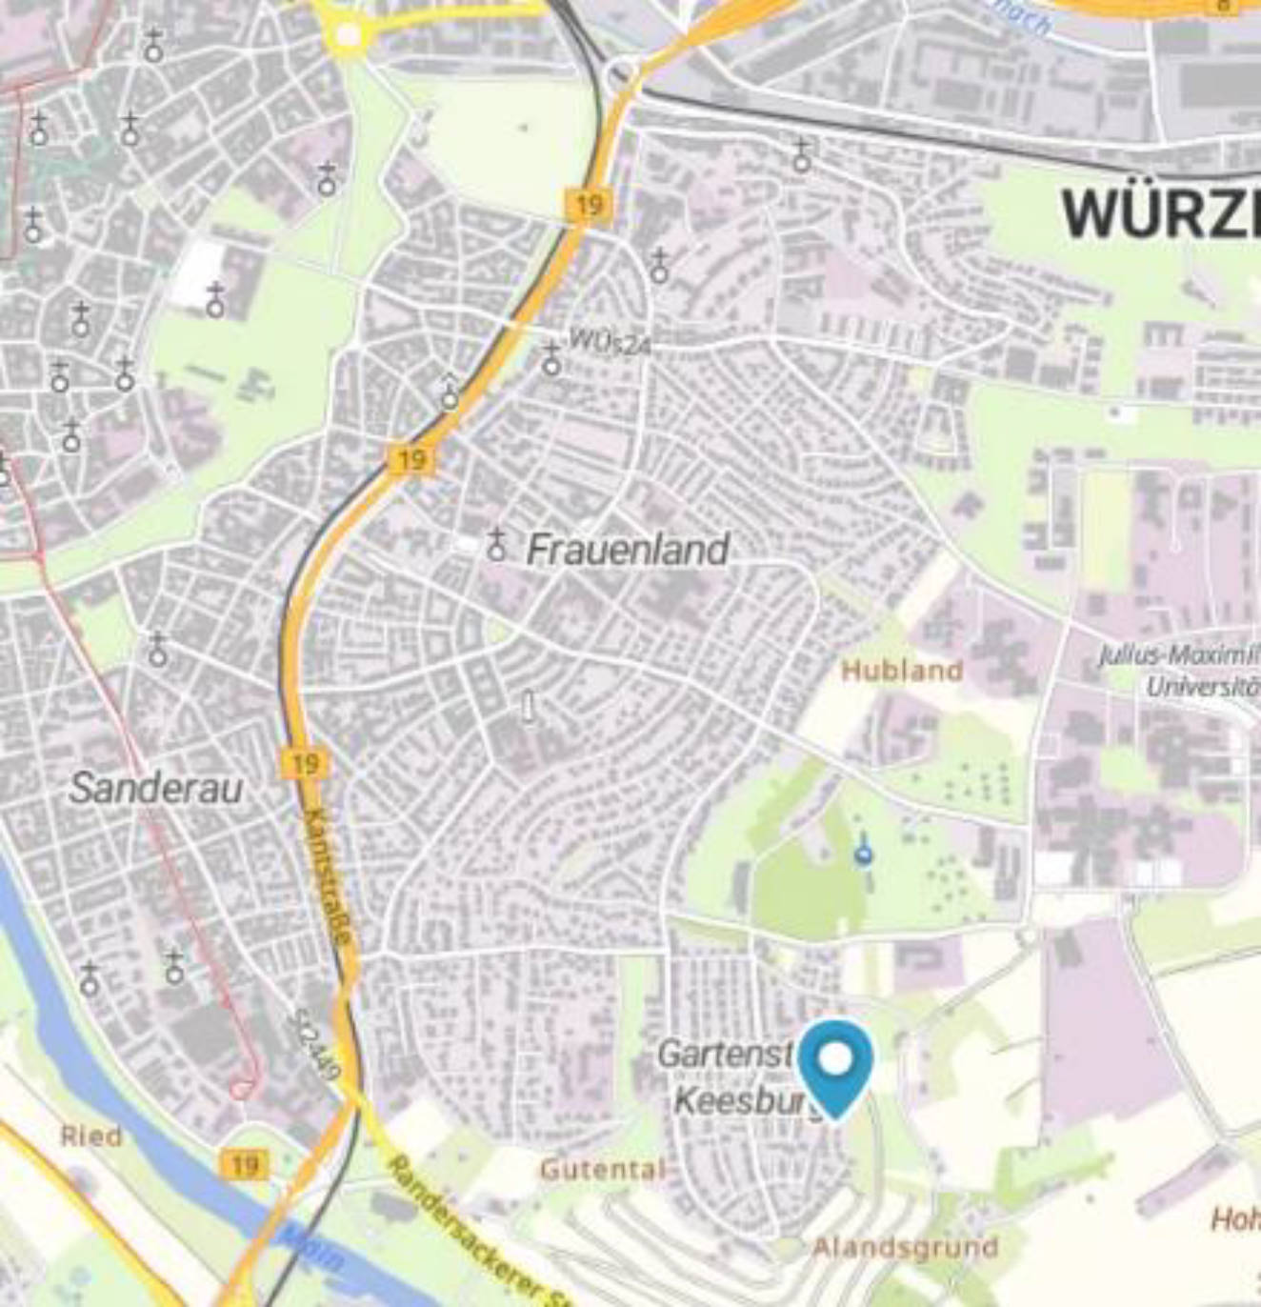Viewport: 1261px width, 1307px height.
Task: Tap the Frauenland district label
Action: click(x=628, y=550)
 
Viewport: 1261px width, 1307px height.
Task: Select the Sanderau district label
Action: click(x=156, y=788)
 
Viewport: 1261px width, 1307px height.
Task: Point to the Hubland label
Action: click(x=901, y=671)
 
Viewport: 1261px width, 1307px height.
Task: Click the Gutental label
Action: click(x=602, y=1169)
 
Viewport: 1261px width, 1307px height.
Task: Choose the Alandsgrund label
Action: click(x=905, y=1247)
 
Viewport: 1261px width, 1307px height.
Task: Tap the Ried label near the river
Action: click(x=91, y=1136)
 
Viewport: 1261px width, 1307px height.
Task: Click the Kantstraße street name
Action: click(x=330, y=876)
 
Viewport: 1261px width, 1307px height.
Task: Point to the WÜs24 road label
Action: click(x=610, y=340)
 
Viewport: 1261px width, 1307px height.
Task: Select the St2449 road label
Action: click(x=317, y=1044)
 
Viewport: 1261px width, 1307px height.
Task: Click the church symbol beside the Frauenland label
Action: click(x=496, y=546)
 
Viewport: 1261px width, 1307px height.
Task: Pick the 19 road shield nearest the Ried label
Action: click(x=245, y=1164)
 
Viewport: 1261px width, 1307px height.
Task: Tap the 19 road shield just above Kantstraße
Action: click(x=305, y=764)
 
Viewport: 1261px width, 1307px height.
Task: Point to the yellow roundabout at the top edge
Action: click(x=348, y=35)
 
